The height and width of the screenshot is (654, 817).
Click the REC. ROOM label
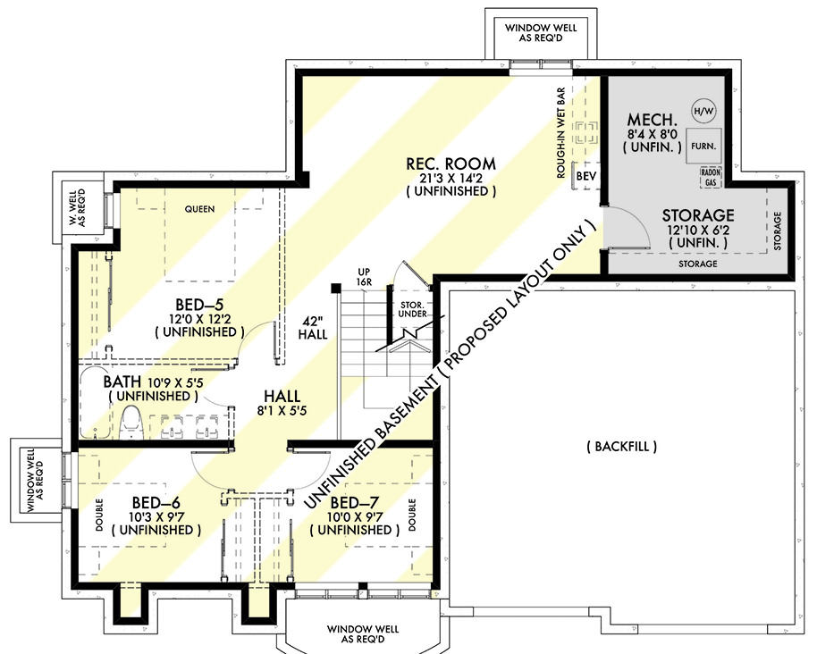point(451,163)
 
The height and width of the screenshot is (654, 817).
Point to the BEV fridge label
point(585,177)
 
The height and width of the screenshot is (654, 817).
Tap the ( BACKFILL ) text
point(622,446)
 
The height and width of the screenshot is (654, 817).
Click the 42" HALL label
point(314,327)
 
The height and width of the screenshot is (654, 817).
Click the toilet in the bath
point(131,423)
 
